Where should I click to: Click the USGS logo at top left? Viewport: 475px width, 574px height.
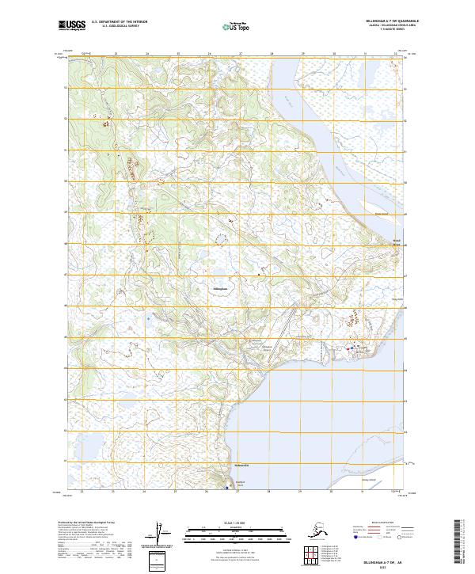(74, 25)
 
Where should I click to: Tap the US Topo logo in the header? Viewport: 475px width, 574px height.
(234, 27)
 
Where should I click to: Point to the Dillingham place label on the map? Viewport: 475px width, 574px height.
(221, 289)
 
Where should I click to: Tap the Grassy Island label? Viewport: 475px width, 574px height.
(369, 479)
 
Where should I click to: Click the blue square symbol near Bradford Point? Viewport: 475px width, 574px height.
(227, 488)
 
